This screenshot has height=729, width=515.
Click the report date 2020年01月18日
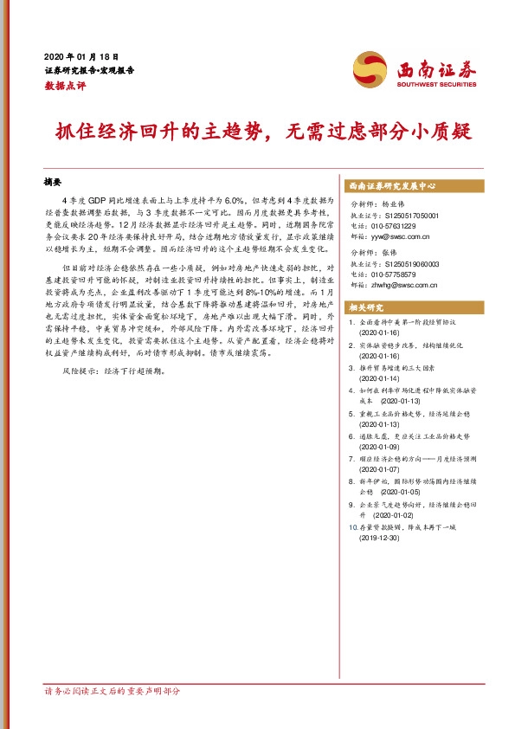[x=86, y=53]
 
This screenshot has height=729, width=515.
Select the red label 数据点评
[x=66, y=86]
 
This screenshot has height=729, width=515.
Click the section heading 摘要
[x=54, y=183]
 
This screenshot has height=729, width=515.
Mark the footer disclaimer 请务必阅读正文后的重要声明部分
[x=113, y=692]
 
